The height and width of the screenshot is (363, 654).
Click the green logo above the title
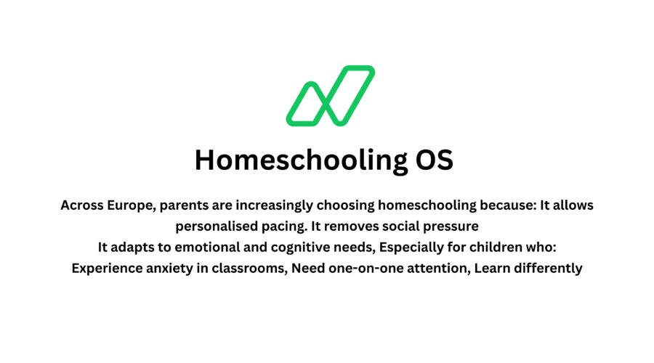[x=330, y=96]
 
